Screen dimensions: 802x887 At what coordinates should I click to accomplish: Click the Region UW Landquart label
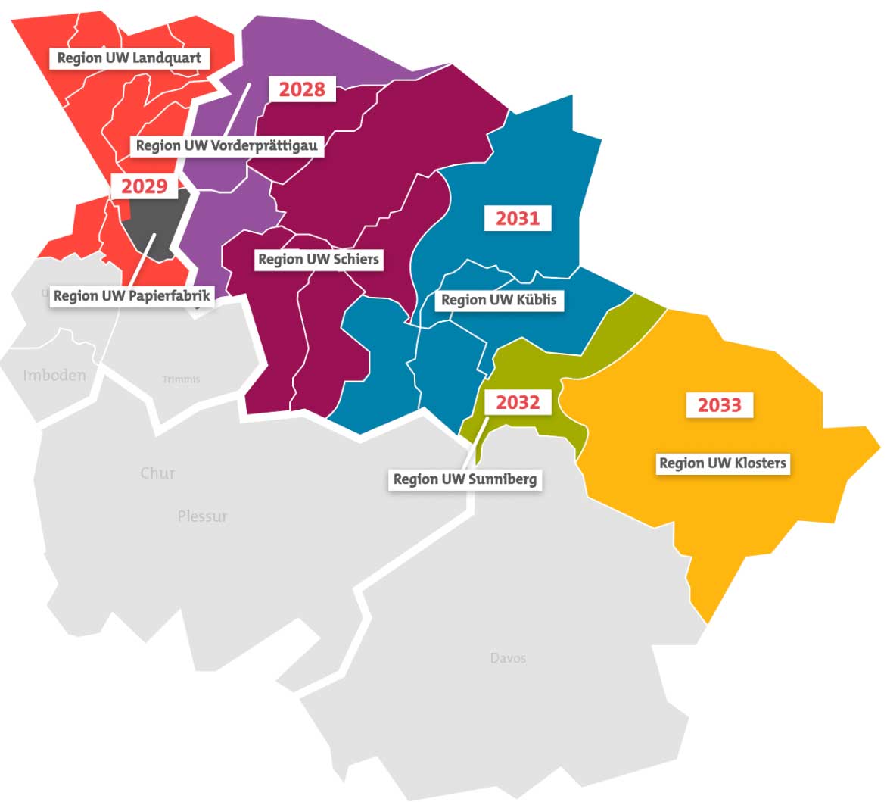(x=129, y=58)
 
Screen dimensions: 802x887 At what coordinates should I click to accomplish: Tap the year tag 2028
(x=302, y=89)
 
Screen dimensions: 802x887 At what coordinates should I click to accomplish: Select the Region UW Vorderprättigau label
(x=226, y=145)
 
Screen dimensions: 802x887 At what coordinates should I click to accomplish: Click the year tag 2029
(x=144, y=186)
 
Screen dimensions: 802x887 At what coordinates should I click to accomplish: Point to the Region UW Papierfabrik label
(x=132, y=296)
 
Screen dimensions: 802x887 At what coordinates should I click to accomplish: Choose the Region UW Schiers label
(x=318, y=260)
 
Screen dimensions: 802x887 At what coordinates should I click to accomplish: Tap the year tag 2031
(x=518, y=219)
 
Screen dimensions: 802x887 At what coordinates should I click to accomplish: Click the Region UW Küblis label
(x=499, y=300)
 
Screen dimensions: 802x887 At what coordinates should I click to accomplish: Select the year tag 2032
(x=518, y=402)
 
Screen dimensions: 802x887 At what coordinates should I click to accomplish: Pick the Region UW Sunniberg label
(x=465, y=479)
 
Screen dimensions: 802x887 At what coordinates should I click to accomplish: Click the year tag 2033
(x=719, y=405)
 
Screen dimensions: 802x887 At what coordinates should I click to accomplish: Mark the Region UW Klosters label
(x=723, y=463)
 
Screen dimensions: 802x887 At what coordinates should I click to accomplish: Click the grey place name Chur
(x=157, y=473)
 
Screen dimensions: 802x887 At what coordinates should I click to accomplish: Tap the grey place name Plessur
(x=202, y=516)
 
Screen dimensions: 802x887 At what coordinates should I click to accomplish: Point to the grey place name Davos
(x=508, y=658)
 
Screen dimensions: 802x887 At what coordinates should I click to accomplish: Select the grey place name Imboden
(x=54, y=376)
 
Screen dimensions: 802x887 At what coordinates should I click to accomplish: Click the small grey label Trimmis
(x=181, y=379)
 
